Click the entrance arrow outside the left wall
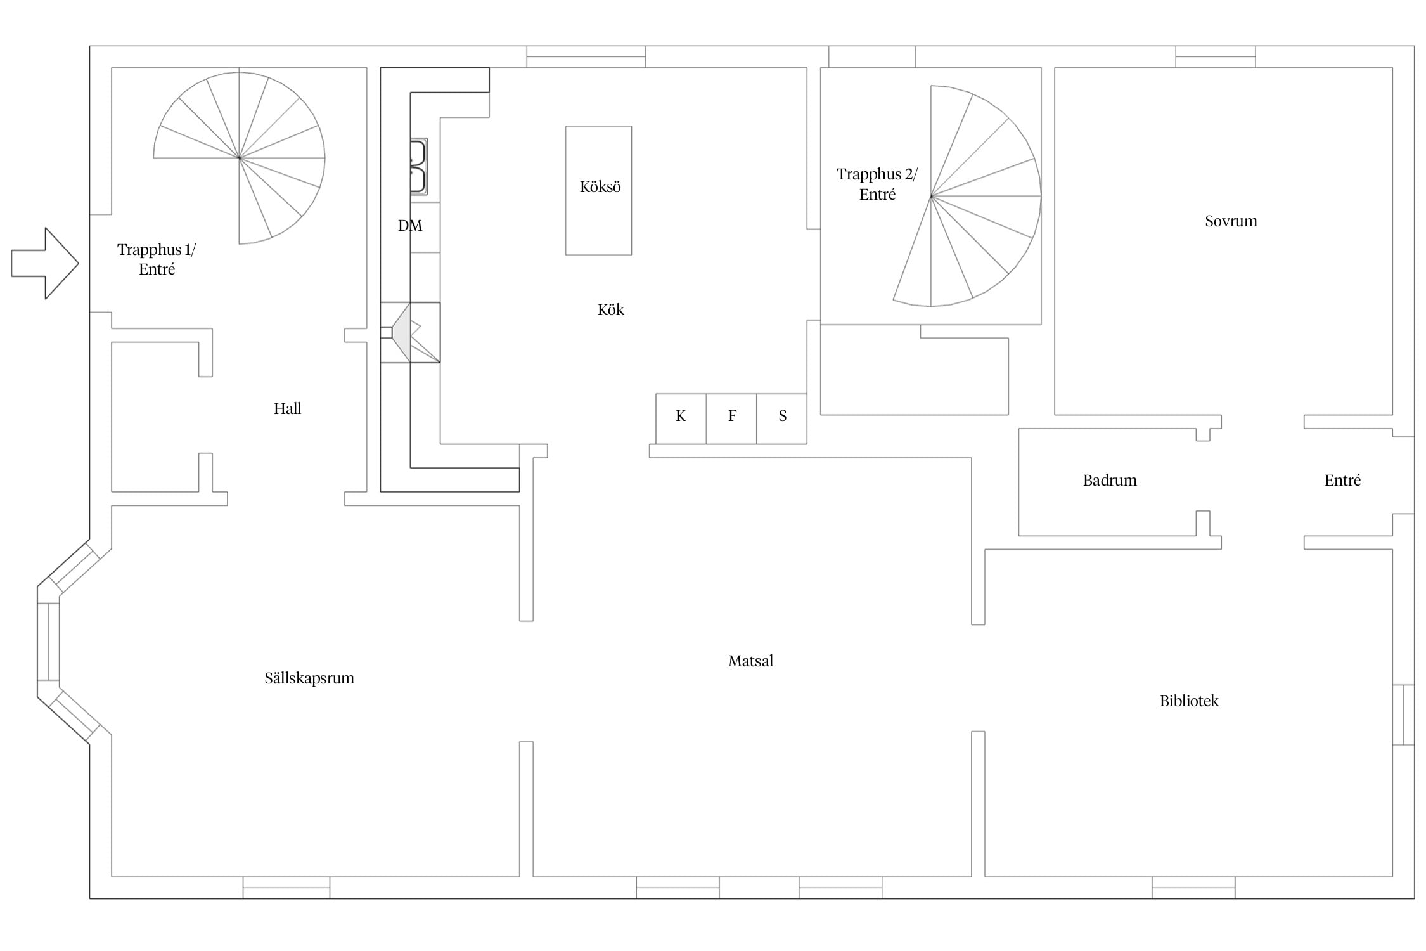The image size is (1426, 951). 45,263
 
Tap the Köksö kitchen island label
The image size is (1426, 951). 600,187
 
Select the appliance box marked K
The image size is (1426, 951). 681,419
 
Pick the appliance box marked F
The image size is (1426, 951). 731,419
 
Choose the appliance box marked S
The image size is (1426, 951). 781,419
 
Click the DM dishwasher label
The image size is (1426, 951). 410,226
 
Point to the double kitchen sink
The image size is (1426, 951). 418,167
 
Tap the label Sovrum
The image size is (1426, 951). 1231,221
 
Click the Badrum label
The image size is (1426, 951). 1110,481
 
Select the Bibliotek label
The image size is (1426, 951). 1189,701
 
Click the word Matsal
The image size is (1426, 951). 750,661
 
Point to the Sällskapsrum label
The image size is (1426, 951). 309,678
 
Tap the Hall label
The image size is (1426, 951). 287,409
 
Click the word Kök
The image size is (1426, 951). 611,310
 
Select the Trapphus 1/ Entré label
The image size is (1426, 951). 157,259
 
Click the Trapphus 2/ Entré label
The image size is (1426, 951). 877,184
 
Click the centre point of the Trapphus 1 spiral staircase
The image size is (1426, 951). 239,158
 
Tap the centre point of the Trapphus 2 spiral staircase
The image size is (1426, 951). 931,197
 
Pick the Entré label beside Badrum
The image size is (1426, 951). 1342,481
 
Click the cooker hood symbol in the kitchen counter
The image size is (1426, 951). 410,332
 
